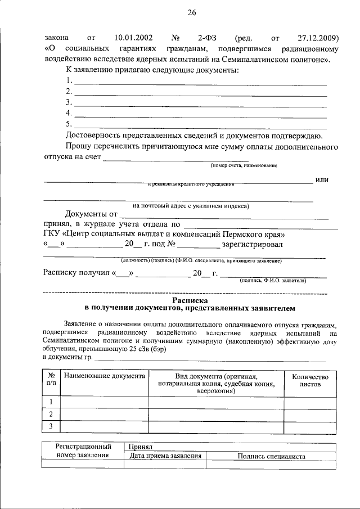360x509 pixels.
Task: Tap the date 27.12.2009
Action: [x=313, y=38]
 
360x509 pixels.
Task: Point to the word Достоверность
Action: [x=93, y=136]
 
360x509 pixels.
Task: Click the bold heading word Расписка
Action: [x=190, y=301]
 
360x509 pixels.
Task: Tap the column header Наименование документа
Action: [x=104, y=376]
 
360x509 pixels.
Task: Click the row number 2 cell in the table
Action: [x=51, y=414]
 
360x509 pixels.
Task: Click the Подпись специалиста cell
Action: [x=271, y=456]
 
